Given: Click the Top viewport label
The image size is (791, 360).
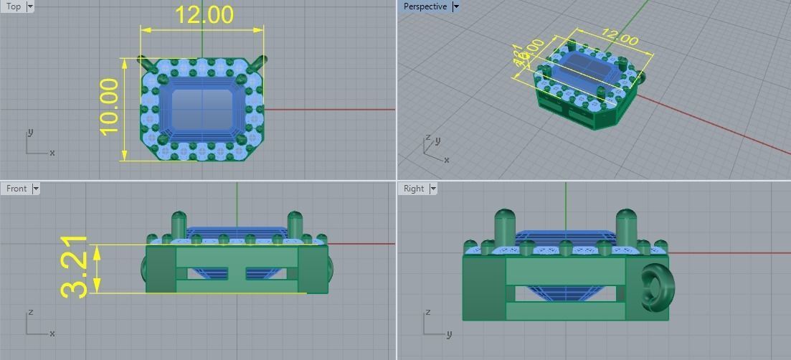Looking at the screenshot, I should click(14, 6).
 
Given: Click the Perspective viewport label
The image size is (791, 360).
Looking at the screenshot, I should click(425, 6).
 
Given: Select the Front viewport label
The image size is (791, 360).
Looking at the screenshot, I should click(16, 189).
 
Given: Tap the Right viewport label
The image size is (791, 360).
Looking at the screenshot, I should click(414, 189).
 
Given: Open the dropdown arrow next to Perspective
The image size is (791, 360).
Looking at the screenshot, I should click(455, 6).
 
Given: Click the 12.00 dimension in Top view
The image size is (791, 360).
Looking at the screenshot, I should click(204, 15).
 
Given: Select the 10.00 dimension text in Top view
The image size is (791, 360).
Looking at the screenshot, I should click(108, 108).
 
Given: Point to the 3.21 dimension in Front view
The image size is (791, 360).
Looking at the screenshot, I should click(75, 267).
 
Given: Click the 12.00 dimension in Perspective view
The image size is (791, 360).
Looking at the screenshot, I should click(619, 37).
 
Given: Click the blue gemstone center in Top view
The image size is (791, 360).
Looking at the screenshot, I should click(202, 109).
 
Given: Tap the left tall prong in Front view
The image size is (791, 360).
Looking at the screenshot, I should click(179, 227).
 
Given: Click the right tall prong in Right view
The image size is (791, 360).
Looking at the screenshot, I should click(626, 226).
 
